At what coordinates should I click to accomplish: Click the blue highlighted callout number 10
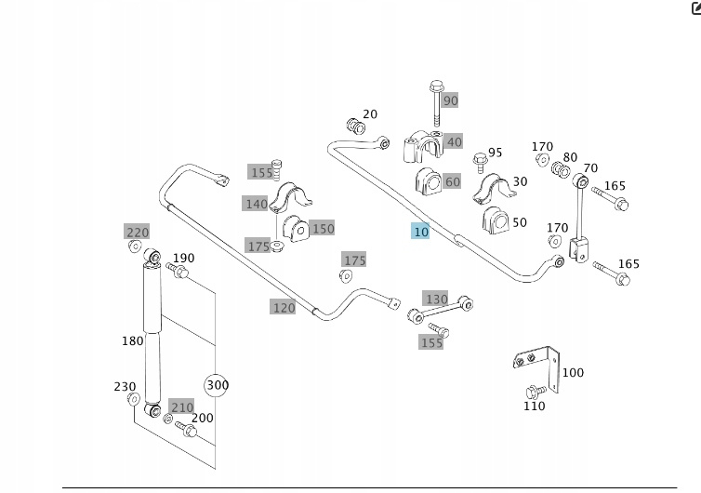coord(421,231)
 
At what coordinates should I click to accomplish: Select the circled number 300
coord(217,385)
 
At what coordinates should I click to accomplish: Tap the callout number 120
coord(283,307)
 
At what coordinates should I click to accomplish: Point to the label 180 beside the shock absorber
coord(132,340)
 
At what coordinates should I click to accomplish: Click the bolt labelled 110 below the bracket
coord(535,392)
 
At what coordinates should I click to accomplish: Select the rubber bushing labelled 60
coord(429,181)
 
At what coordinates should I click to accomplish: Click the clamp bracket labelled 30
coord(489,189)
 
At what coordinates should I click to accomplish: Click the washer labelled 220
coord(135,246)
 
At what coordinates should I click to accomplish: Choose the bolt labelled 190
coord(178,271)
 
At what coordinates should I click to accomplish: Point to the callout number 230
coord(125,387)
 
